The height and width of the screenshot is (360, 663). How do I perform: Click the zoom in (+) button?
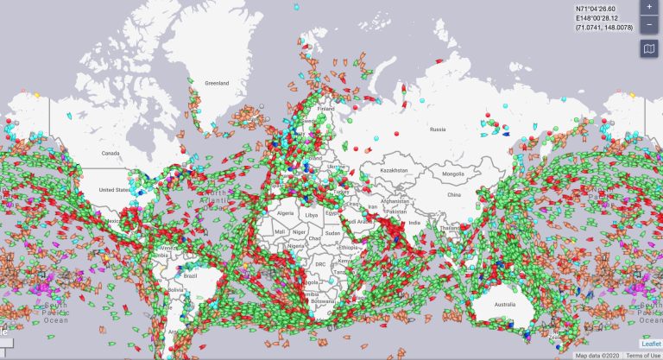click(649, 6)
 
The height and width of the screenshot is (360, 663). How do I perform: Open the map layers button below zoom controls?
click(649, 49)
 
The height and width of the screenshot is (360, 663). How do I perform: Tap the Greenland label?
click(217, 84)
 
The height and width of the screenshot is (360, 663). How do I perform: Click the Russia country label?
click(437, 129)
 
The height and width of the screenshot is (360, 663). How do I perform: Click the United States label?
click(113, 190)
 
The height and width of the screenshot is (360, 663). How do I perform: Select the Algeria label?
click(285, 212)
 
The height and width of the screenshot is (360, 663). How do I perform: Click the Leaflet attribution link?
click(650, 344)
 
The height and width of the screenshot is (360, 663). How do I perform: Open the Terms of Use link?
click(644, 356)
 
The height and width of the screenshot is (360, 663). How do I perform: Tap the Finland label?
click(325, 110)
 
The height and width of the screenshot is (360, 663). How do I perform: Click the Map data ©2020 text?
click(597, 356)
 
